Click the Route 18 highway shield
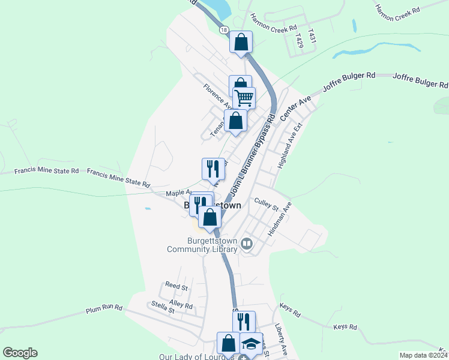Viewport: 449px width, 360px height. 224,30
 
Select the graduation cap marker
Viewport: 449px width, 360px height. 252,344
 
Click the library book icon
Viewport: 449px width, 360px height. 247,244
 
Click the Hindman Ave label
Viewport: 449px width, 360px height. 280,218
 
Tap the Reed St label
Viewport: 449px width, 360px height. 176,287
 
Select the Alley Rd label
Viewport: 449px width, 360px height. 181,305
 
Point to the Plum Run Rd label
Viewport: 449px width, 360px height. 104,309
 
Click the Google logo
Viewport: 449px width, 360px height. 20,353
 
